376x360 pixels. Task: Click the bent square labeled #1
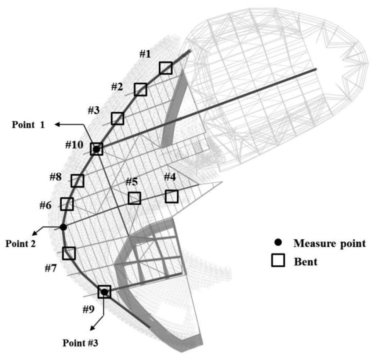166,68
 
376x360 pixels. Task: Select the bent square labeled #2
140,89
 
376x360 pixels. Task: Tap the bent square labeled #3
117,118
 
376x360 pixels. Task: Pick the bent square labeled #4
171,196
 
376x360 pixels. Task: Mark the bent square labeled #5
134,198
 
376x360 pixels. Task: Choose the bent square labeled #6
67,204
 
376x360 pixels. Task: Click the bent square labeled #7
69,253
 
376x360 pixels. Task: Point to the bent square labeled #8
77,180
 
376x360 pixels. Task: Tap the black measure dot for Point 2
63,227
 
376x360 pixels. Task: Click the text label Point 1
28,124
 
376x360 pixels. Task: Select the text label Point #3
80,343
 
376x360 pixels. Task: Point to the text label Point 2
21,244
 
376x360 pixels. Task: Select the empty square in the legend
278,261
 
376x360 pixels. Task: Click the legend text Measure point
330,243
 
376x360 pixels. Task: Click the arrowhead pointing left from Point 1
57,125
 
